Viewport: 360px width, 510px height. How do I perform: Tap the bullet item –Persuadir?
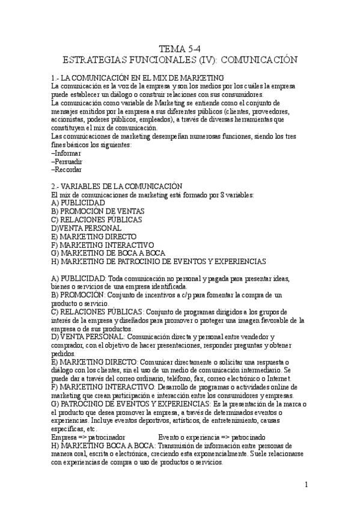pyautogui.click(x=67, y=162)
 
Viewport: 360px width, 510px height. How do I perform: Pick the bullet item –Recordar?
pyautogui.click(x=67, y=170)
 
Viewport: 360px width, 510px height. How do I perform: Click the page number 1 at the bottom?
pyautogui.click(x=306, y=485)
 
